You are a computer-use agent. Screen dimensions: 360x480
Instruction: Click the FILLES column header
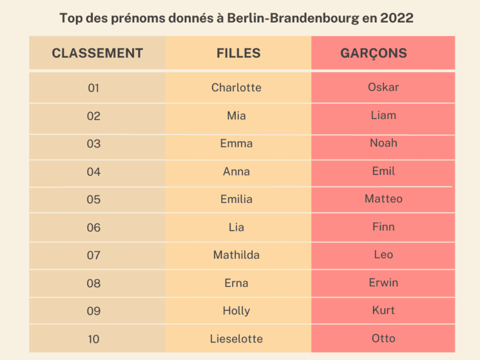pyautogui.click(x=238, y=53)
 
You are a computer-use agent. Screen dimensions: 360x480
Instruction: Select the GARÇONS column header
pyautogui.click(x=374, y=53)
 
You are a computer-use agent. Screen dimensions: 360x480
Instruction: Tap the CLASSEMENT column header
pyautogui.click(x=97, y=53)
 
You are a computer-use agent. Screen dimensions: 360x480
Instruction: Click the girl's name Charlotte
pyautogui.click(x=236, y=88)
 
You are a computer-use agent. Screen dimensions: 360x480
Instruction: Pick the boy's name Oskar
pyautogui.click(x=383, y=87)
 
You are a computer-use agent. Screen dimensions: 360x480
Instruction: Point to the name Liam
pyautogui.click(x=383, y=115)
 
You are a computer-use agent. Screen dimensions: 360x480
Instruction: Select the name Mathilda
pyautogui.click(x=236, y=255)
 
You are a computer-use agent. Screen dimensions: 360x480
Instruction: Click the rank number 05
pyautogui.click(x=93, y=200)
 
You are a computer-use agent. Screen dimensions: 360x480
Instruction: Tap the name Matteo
pyautogui.click(x=383, y=199)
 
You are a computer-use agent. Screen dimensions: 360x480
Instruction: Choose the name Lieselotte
pyautogui.click(x=236, y=339)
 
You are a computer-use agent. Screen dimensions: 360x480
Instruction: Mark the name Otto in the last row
pyautogui.click(x=383, y=338)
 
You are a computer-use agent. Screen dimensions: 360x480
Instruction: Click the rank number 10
pyautogui.click(x=93, y=339)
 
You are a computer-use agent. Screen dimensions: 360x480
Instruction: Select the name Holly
pyautogui.click(x=236, y=311)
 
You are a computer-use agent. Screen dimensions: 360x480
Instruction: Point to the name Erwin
pyautogui.click(x=383, y=283)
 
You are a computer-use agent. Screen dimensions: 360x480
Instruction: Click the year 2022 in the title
pyautogui.click(x=397, y=18)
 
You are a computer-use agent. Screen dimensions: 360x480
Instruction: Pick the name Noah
pyautogui.click(x=383, y=143)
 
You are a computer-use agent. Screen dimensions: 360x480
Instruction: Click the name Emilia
pyautogui.click(x=236, y=199)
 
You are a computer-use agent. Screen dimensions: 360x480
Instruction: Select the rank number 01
pyautogui.click(x=93, y=88)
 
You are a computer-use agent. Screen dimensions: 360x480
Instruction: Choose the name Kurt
pyautogui.click(x=383, y=310)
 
